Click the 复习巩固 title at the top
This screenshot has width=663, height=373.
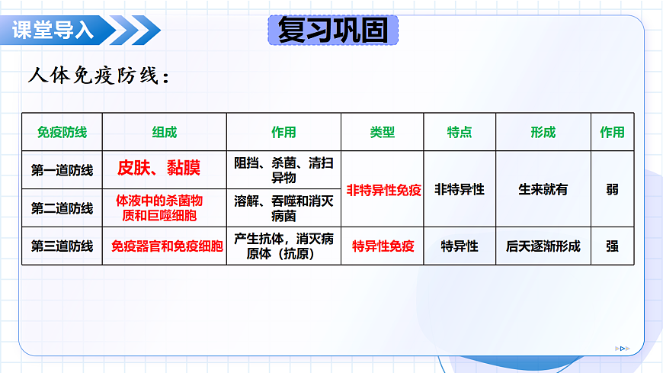pyautogui.click(x=333, y=31)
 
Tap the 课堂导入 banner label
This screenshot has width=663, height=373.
pyautogui.click(x=53, y=31)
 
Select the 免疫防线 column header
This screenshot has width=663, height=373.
pyautogui.click(x=62, y=132)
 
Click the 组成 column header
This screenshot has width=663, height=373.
pyautogui.click(x=164, y=132)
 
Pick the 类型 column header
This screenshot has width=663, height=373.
pyautogui.click(x=383, y=132)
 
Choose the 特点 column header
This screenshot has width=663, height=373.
pyautogui.click(x=459, y=132)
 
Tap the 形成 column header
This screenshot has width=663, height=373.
pyautogui.click(x=543, y=132)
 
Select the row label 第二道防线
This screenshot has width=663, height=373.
pyautogui.click(x=62, y=208)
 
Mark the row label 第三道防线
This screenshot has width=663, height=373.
pyautogui.click(x=62, y=246)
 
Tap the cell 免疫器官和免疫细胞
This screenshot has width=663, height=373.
pyautogui.click(x=167, y=246)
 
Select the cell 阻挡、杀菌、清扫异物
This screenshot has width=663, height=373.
pyautogui.click(x=283, y=169)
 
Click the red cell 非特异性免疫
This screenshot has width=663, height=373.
pyautogui.click(x=383, y=190)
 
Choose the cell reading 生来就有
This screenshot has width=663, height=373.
pyautogui.click(x=543, y=189)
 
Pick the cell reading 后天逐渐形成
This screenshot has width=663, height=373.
pyautogui.click(x=543, y=246)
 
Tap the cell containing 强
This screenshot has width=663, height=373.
pyautogui.click(x=612, y=246)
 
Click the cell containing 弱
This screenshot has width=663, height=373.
pyautogui.click(x=612, y=189)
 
